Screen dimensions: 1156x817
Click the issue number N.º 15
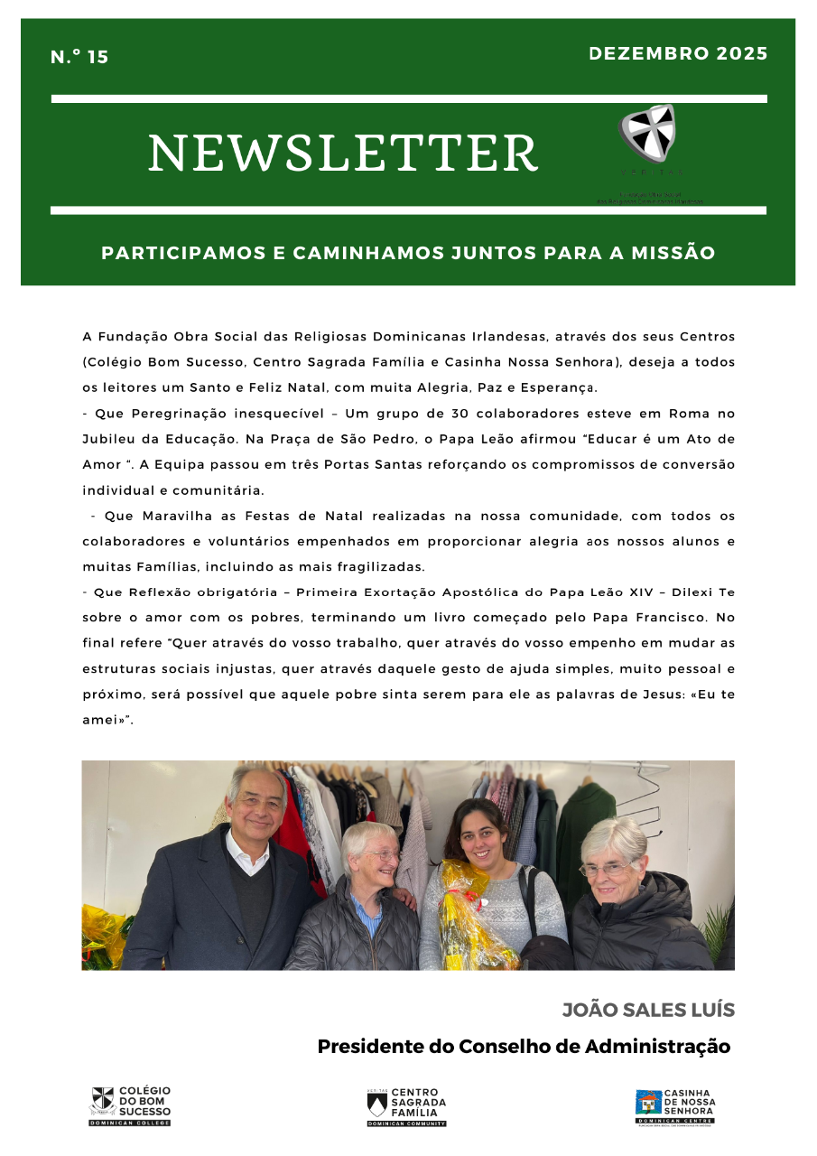79,57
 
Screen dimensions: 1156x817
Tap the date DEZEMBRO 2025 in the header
678,53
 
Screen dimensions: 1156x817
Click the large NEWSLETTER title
343,153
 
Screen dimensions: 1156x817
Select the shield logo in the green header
648,135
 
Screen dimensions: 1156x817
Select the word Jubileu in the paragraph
109,439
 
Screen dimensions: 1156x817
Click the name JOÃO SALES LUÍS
648,1010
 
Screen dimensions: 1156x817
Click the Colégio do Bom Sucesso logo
130,1105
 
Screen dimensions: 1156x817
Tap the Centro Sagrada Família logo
406,1105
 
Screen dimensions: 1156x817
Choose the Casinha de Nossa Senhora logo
674,1105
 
